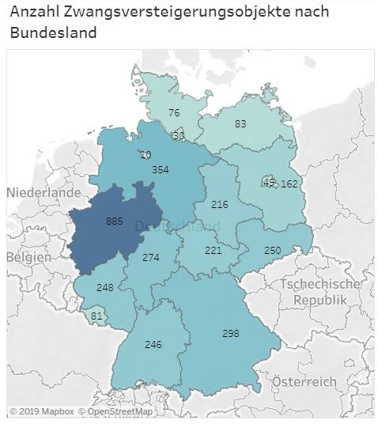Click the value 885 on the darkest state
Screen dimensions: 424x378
click(115, 222)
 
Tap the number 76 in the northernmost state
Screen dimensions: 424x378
click(174, 113)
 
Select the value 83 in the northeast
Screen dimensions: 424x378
click(240, 123)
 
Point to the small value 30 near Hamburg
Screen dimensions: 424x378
click(179, 135)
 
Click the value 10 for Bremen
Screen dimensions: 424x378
click(146, 154)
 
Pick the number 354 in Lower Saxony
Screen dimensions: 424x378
click(161, 170)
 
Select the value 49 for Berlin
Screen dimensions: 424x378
click(269, 183)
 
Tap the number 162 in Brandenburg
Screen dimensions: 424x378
click(289, 184)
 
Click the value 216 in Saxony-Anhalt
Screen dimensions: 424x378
click(219, 205)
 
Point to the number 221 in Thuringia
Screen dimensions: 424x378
click(214, 250)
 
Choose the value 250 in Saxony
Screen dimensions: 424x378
click(272, 250)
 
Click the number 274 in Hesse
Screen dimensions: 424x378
click(151, 258)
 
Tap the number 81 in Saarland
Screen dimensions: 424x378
click(96, 317)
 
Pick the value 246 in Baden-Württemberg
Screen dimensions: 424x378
click(153, 345)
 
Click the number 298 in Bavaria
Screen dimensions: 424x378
click(230, 334)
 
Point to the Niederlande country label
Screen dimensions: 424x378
click(44, 192)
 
